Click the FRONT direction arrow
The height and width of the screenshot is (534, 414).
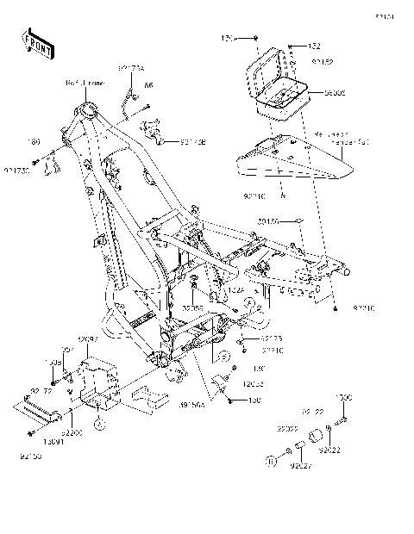(x=37, y=43)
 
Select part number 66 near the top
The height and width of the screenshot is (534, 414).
(x=148, y=86)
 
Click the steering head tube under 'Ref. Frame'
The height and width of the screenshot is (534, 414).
(x=88, y=111)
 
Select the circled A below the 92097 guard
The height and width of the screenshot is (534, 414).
(x=99, y=424)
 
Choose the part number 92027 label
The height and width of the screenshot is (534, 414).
(x=300, y=467)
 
